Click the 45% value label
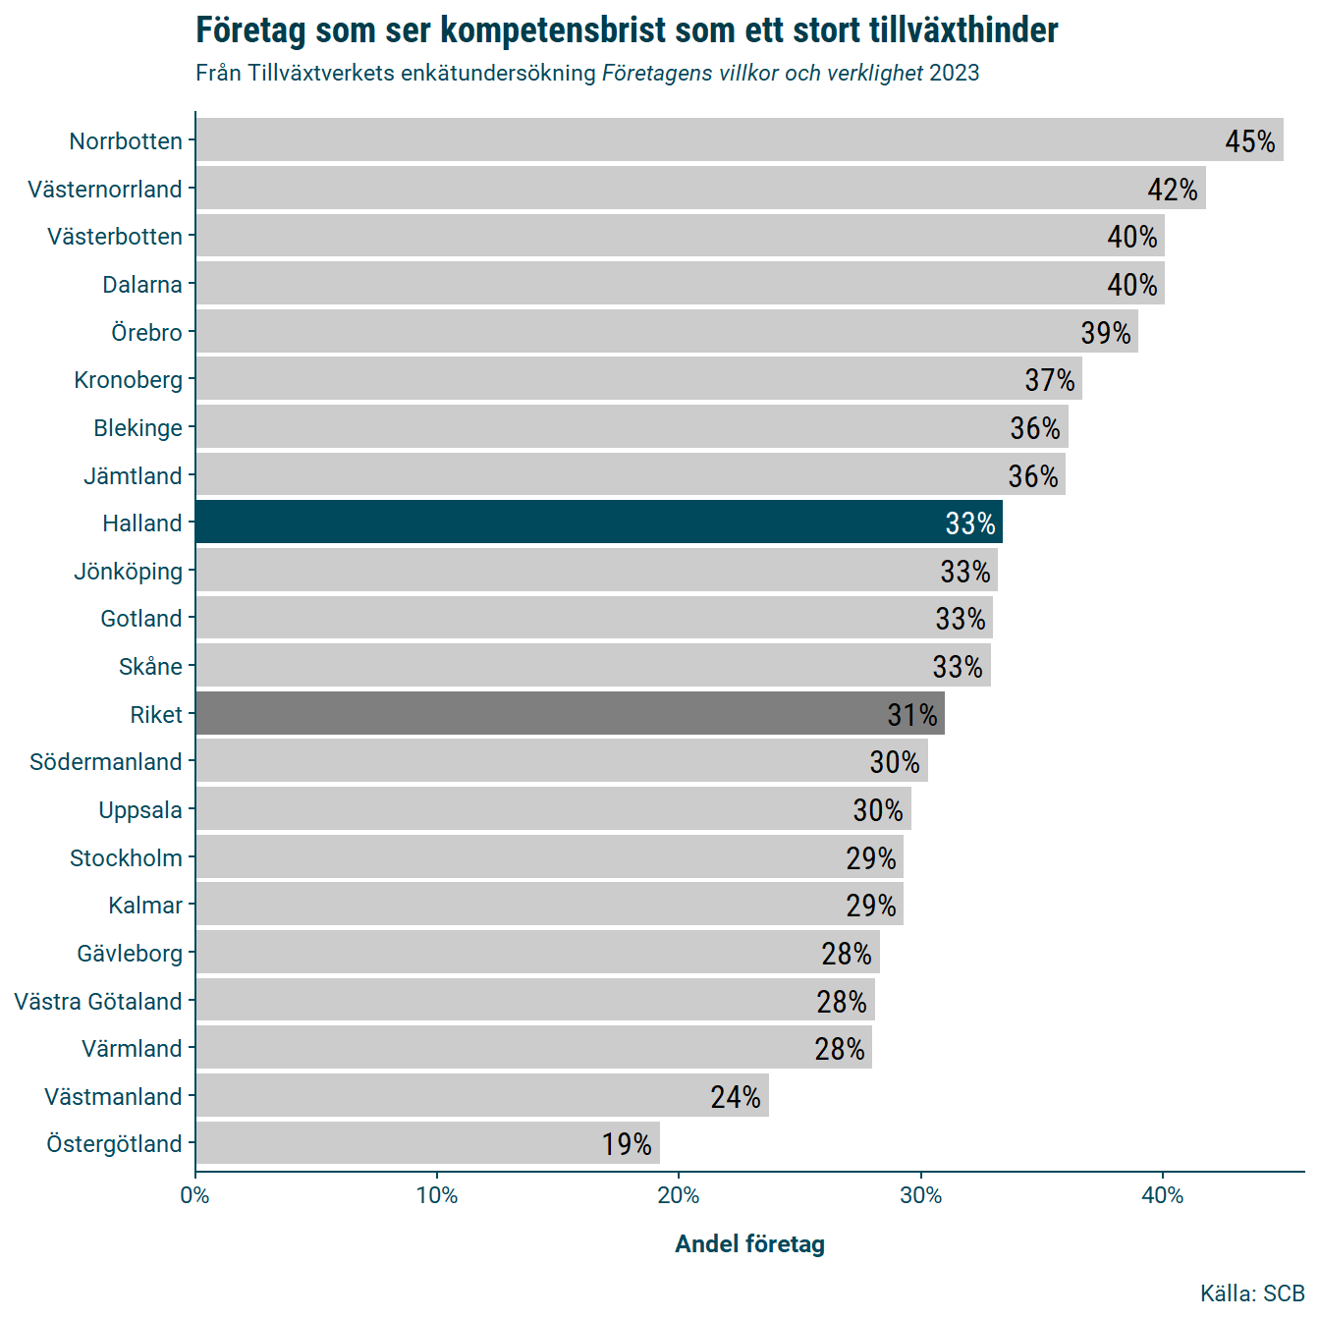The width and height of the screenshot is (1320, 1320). click(1249, 141)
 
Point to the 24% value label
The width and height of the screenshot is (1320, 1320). click(736, 1096)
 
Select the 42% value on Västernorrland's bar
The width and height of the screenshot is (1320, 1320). click(1173, 189)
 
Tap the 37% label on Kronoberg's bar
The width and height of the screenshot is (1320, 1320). click(1050, 380)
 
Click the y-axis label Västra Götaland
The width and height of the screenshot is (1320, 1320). click(98, 1001)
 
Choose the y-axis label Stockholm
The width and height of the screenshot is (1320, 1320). click(126, 857)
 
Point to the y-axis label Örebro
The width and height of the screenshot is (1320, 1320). click(146, 332)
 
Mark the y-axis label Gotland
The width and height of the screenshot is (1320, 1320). click(141, 619)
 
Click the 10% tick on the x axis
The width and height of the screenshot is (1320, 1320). click(437, 1195)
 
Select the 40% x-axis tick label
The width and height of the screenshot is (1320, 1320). click(1163, 1195)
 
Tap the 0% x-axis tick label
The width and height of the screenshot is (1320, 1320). click(195, 1195)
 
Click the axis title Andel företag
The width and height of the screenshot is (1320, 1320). click(749, 1244)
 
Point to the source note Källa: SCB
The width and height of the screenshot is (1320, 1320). click(1251, 1293)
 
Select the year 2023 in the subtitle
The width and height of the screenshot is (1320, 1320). click(955, 74)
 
